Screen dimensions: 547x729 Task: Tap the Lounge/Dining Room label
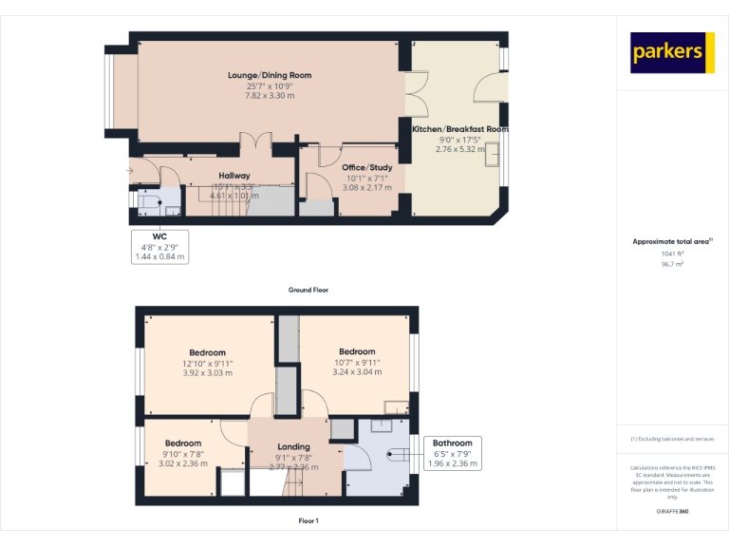click(270, 75)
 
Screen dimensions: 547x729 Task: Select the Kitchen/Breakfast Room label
click(460, 128)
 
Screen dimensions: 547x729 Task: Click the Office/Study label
click(367, 167)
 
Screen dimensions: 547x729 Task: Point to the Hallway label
click(234, 176)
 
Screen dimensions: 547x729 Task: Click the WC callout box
click(159, 246)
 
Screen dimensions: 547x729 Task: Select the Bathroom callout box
click(452, 453)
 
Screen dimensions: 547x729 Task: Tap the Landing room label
click(293, 446)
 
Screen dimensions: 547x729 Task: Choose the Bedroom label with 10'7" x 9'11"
click(357, 351)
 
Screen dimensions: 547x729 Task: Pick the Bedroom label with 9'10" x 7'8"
click(183, 443)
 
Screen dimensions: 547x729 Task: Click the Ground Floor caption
click(308, 290)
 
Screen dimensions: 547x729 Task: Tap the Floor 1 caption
click(308, 521)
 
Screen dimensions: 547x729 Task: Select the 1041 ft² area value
click(672, 254)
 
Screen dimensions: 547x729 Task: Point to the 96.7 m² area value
click(672, 265)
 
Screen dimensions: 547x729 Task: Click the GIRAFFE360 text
click(672, 511)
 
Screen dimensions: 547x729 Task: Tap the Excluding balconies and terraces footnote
click(672, 439)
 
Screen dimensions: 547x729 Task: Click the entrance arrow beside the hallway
click(129, 171)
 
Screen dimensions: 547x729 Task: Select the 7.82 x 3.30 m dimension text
click(270, 96)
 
